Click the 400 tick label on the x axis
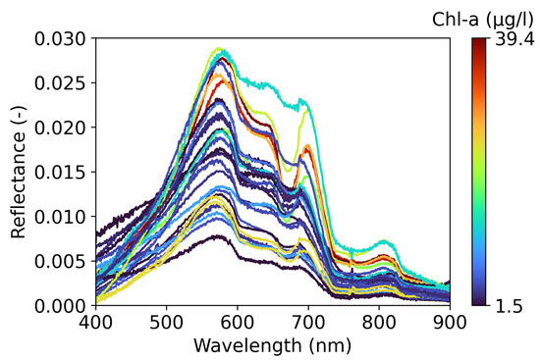(95, 322)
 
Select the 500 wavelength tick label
(166, 322)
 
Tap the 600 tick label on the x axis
(237, 322)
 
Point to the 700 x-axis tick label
(308, 322)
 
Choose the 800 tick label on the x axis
(379, 322)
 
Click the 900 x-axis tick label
(450, 322)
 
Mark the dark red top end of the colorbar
(478, 42)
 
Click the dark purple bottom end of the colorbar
(478, 301)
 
